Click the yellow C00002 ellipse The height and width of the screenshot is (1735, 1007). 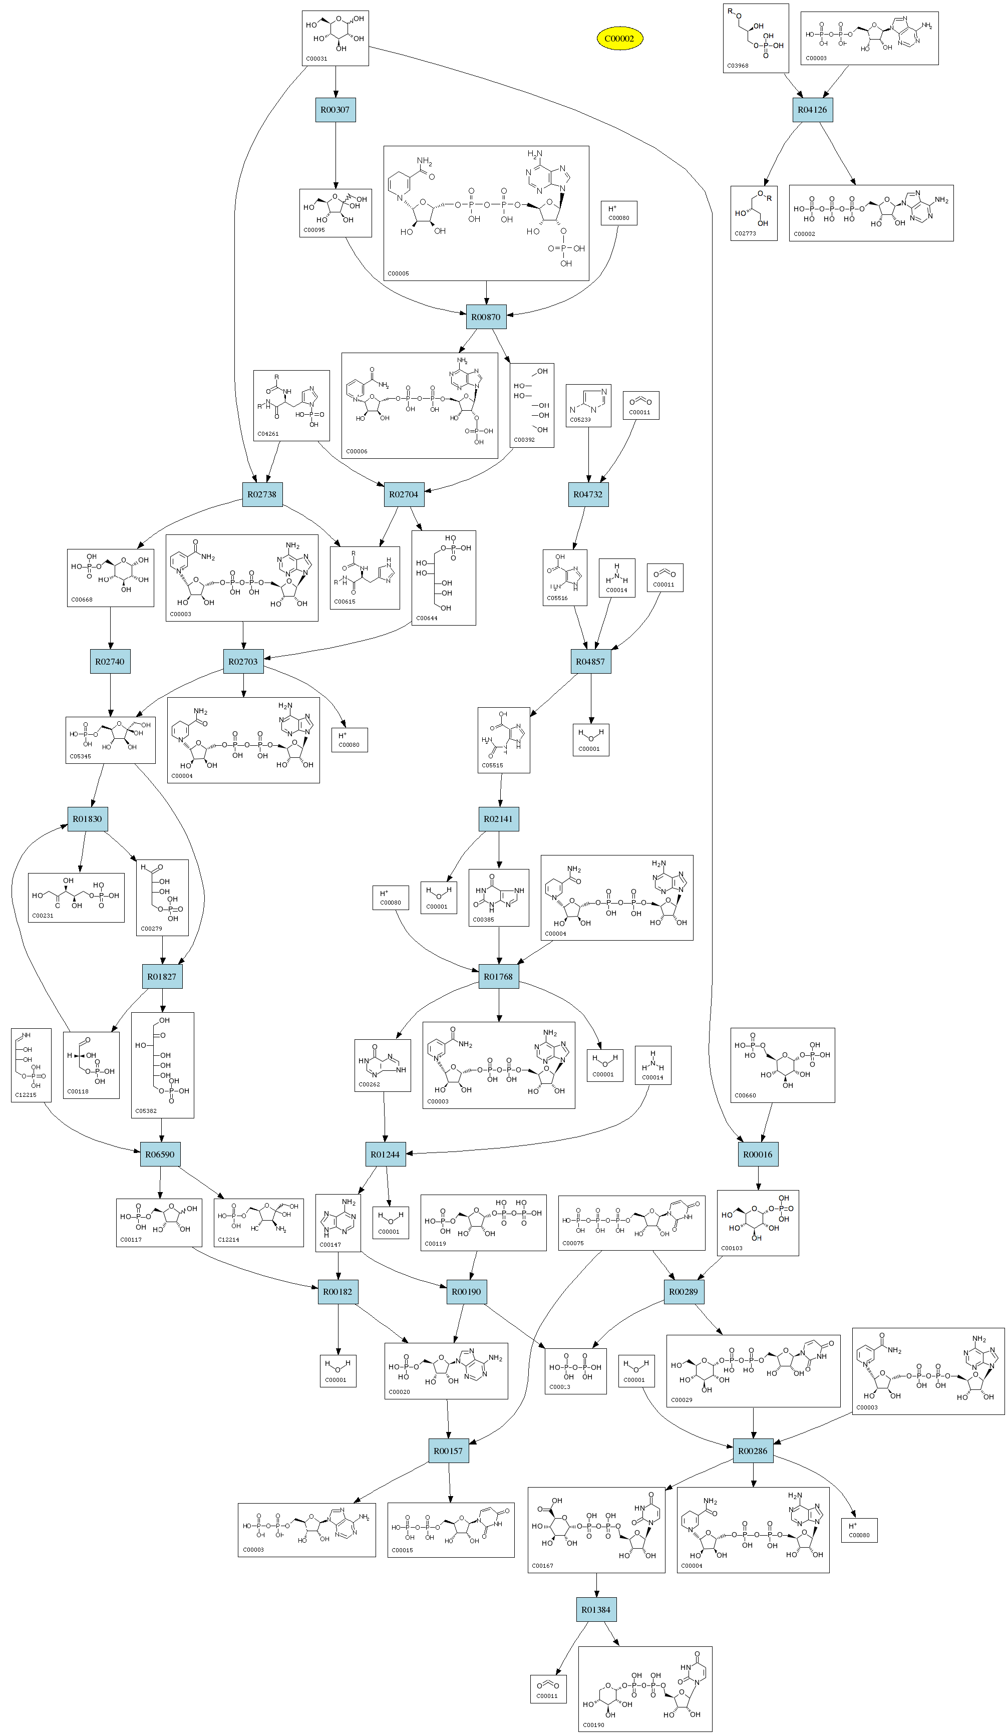pos(619,39)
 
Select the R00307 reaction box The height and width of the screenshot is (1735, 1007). pos(335,110)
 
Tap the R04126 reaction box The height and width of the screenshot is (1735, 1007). pos(812,110)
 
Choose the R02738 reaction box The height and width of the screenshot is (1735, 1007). pos(262,494)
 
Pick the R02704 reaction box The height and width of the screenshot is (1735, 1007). pos(403,494)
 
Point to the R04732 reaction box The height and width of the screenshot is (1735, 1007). pos(588,494)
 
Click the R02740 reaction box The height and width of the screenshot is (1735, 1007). pos(110,662)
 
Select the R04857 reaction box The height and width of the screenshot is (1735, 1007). pos(590,662)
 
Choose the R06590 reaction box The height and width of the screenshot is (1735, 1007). pos(160,1154)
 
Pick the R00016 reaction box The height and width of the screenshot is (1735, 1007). pos(758,1154)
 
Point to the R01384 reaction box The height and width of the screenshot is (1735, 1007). pos(596,1610)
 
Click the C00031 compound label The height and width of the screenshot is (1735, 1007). pos(316,59)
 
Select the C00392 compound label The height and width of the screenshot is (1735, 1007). pos(524,439)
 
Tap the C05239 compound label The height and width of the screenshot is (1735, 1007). pos(580,419)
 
